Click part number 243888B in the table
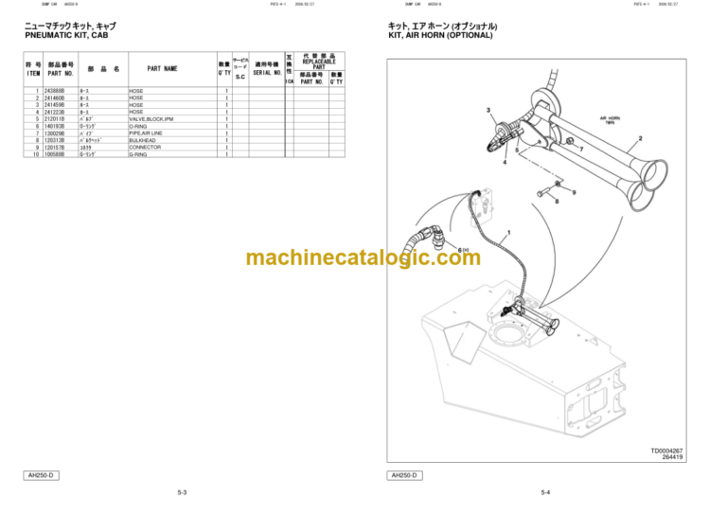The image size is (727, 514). (x=55, y=91)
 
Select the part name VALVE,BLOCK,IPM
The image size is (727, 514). (x=151, y=118)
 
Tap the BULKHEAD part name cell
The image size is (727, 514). (x=143, y=140)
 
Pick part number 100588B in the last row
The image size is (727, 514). (x=55, y=154)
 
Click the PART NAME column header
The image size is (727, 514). (x=162, y=68)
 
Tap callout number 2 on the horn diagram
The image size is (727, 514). (x=641, y=140)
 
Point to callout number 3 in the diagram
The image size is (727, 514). (x=489, y=112)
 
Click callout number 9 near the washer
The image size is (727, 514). (x=573, y=193)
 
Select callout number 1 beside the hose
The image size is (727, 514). (x=508, y=233)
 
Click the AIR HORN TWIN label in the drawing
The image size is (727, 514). (x=610, y=120)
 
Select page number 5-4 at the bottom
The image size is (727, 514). (x=545, y=492)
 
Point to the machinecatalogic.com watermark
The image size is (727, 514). (x=363, y=257)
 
